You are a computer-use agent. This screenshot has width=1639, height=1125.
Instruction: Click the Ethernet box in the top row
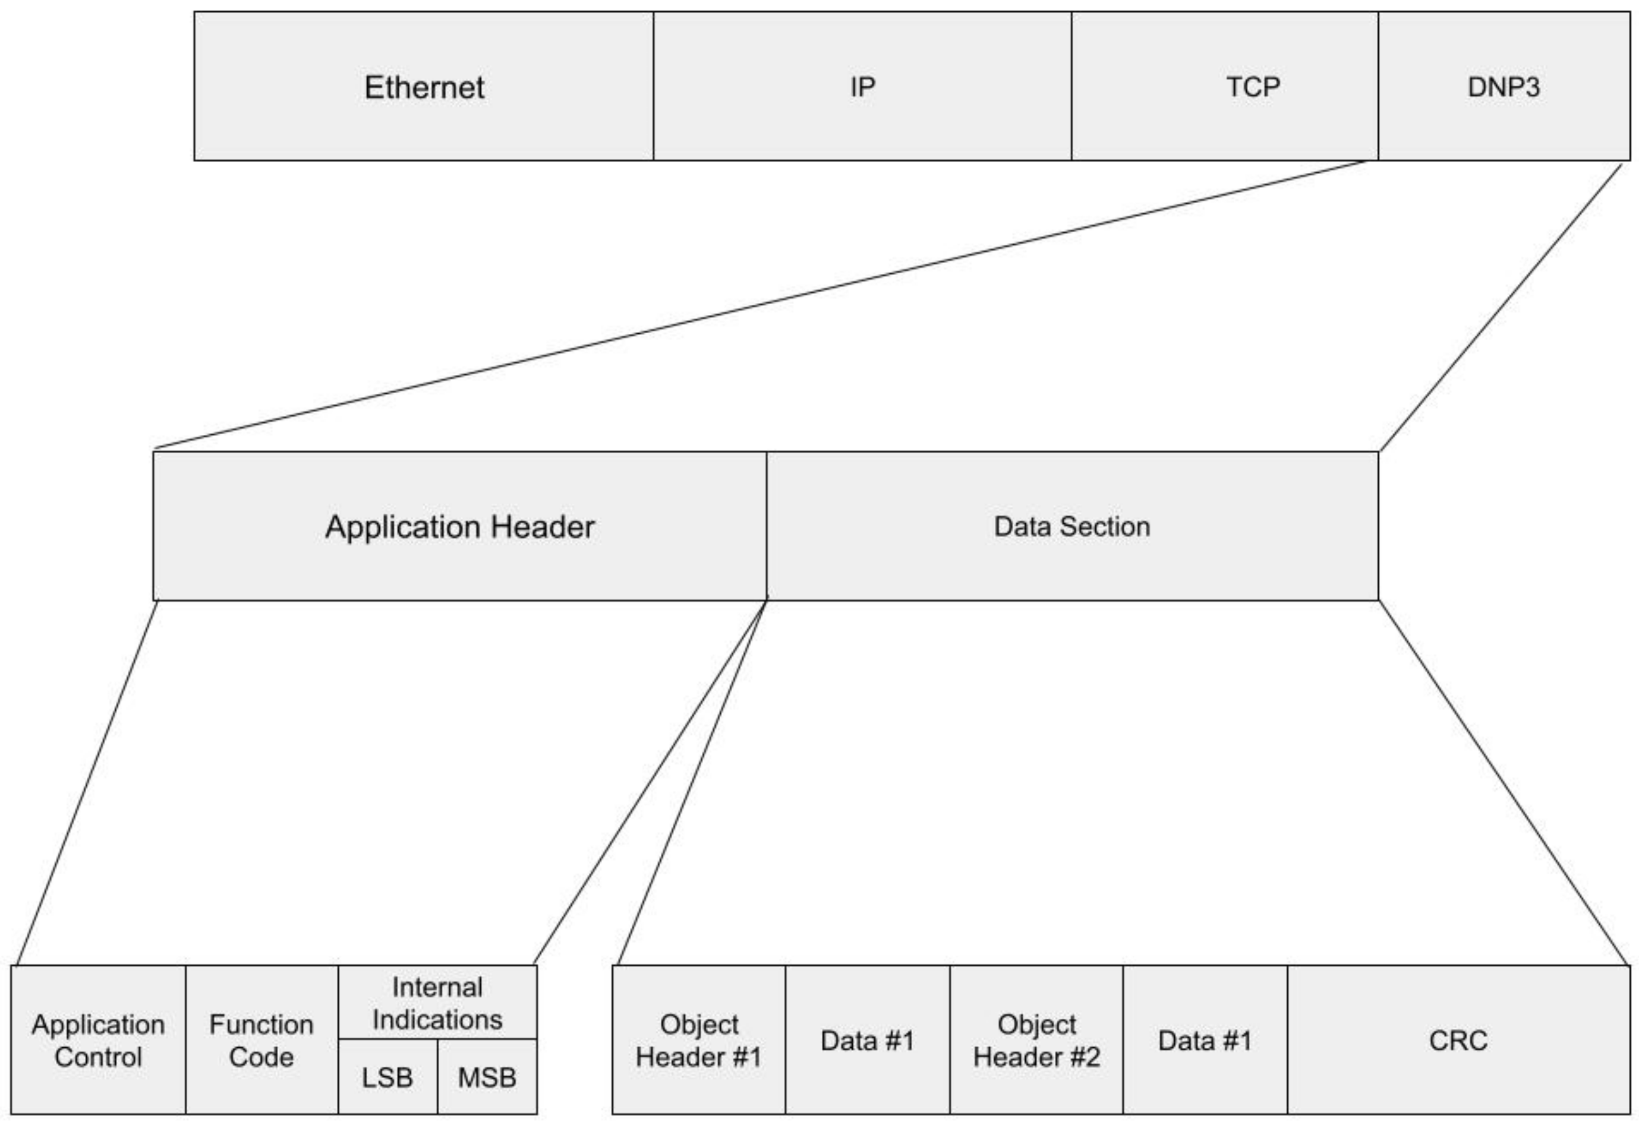424,87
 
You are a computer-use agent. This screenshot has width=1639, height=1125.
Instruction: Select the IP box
862,87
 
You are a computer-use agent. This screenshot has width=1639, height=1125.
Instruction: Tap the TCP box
1224,87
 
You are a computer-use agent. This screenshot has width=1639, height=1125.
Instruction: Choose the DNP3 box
1503,87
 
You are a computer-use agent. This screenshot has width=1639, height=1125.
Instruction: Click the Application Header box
460,526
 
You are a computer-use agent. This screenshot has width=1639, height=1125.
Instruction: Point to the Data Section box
1071,526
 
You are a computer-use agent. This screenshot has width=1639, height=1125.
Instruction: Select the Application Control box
98,1041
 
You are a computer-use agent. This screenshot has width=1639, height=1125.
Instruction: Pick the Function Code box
261,1041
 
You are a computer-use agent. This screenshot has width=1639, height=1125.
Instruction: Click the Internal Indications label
437,1003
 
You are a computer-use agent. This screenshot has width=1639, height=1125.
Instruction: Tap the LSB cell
387,1077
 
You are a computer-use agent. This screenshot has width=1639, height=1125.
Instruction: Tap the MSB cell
487,1077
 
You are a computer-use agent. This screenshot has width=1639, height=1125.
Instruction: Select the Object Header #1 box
698,1041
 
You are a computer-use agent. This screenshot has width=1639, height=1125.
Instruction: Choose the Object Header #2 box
1036,1041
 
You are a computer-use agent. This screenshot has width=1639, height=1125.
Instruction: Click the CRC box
1458,1041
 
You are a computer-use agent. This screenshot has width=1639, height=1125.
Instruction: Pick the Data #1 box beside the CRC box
1205,1041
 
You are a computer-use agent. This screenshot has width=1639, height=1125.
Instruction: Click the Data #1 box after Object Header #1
867,1041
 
